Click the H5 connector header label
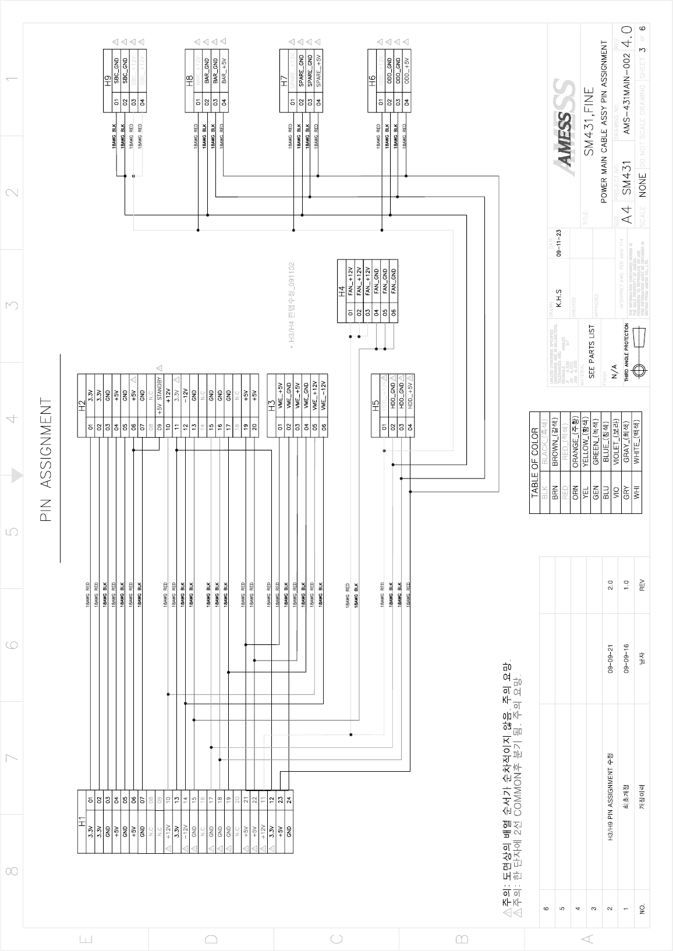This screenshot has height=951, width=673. tap(376, 405)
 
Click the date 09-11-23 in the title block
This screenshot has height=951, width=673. tap(558, 243)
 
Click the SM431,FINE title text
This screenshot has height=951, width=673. tap(589, 122)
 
